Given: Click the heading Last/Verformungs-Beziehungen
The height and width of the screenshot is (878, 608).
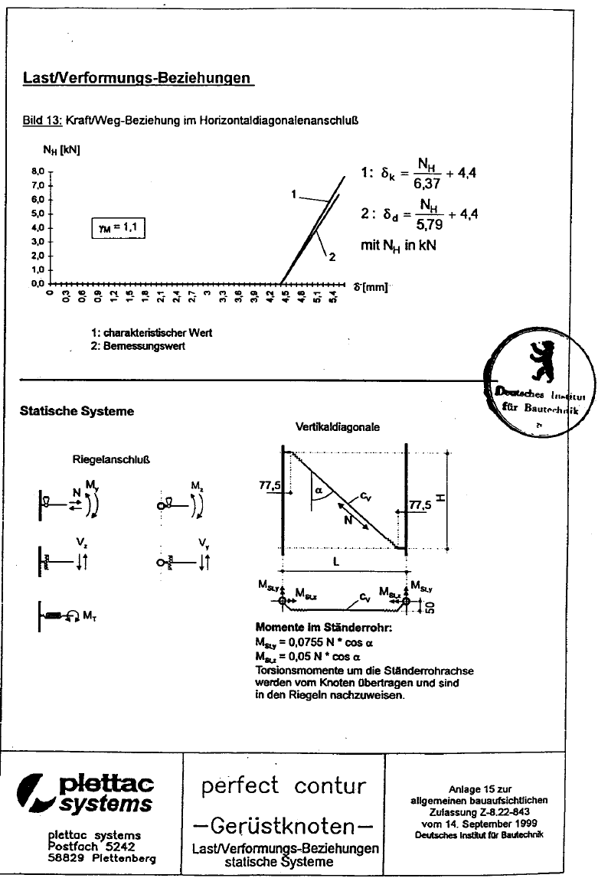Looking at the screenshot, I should coord(138,78).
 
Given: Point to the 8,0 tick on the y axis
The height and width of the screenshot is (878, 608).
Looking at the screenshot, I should coord(38,171).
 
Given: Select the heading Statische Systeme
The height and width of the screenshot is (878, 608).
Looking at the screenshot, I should coord(77,411).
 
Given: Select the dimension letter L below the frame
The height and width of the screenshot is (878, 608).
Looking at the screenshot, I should coord(344,562).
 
